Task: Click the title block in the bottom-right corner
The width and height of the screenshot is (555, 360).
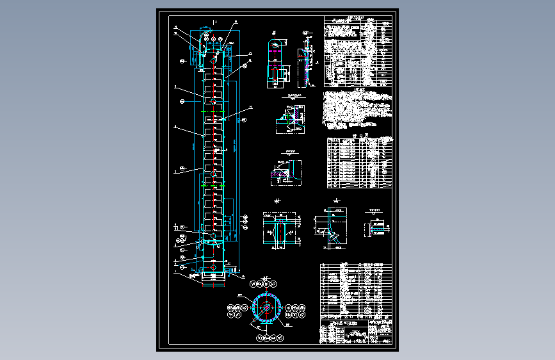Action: pyautogui.click(x=355, y=334)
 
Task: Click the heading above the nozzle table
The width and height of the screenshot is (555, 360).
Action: pyautogui.click(x=358, y=135)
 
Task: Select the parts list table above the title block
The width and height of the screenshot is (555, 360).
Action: pyautogui.click(x=355, y=292)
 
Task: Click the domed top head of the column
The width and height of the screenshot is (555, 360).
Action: pyautogui.click(x=213, y=49)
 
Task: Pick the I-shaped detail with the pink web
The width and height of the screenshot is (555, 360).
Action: pyautogui.click(x=280, y=231)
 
